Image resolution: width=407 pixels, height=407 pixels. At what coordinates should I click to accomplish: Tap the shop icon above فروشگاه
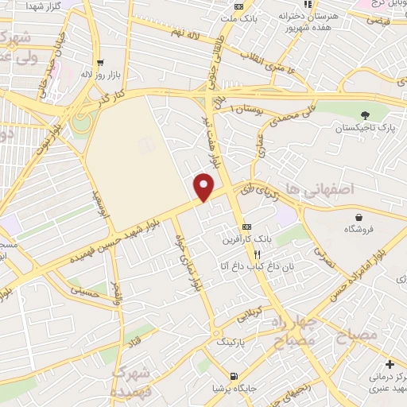point(360,217)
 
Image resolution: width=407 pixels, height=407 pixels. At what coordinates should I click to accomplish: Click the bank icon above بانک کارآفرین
point(246,225)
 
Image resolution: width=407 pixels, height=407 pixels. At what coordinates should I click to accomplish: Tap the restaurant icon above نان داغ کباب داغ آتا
point(256,254)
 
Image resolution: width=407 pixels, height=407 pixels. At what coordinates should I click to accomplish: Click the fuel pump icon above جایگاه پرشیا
point(232,376)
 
